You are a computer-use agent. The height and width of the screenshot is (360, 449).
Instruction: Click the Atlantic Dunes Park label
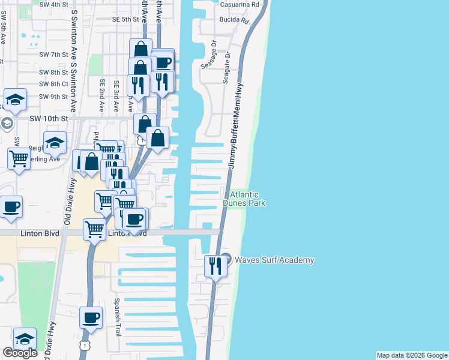[x=244, y=199]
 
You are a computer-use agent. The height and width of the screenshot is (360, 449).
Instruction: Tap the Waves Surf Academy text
[x=274, y=260]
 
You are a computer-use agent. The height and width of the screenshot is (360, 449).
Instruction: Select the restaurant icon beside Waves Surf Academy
[x=215, y=265]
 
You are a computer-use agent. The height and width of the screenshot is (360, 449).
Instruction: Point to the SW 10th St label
[x=50, y=118]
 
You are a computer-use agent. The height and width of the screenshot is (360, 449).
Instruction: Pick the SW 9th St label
[x=53, y=97]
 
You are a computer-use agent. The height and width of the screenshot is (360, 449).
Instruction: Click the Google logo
[x=20, y=352]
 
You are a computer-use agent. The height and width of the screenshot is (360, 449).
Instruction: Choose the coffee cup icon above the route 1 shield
[x=91, y=318]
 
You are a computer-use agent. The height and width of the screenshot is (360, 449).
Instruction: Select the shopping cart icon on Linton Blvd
[x=95, y=229]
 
